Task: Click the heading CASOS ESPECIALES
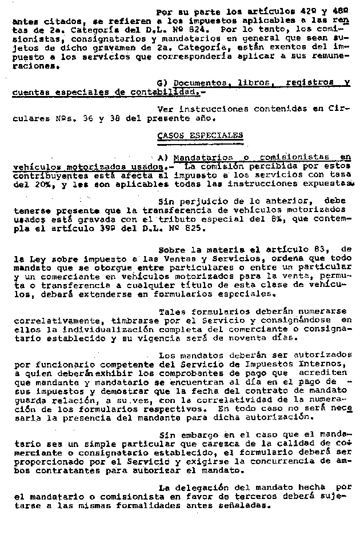tap(199, 135)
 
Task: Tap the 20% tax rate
tap(37, 185)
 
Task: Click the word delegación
tap(199, 488)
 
